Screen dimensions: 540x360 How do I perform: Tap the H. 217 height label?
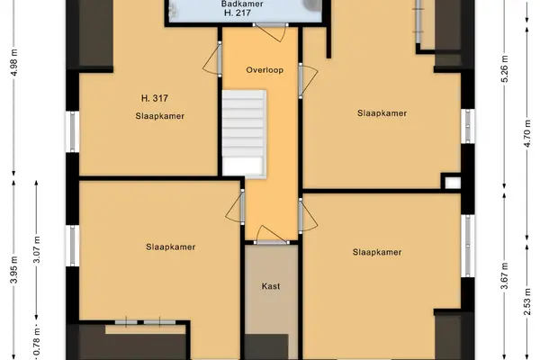click(x=238, y=13)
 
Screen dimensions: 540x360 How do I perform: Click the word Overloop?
click(x=265, y=70)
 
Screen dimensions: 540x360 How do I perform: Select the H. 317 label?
click(x=155, y=98)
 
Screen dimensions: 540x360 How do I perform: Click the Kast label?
click(x=271, y=286)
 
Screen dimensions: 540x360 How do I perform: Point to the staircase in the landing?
click(x=244, y=134)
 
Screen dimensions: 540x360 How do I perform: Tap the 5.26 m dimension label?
click(x=505, y=68)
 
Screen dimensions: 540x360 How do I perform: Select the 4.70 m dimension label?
click(x=527, y=133)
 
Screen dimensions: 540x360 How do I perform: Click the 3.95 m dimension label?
click(x=14, y=269)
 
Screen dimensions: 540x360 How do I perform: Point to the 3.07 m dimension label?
click(x=37, y=250)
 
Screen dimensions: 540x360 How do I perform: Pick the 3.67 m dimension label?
click(x=505, y=275)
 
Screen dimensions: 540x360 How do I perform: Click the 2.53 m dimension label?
click(x=527, y=301)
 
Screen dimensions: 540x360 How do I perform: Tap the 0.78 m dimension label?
click(x=37, y=341)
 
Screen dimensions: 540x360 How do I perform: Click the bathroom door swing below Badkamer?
click(x=272, y=31)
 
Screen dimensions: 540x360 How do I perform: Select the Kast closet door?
click(x=272, y=236)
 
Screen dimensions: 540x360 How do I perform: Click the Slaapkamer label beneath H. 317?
click(x=160, y=116)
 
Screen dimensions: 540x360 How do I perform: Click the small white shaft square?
click(x=453, y=183)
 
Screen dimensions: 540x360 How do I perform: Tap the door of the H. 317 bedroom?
click(x=212, y=58)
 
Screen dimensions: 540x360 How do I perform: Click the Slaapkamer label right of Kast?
click(x=377, y=252)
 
